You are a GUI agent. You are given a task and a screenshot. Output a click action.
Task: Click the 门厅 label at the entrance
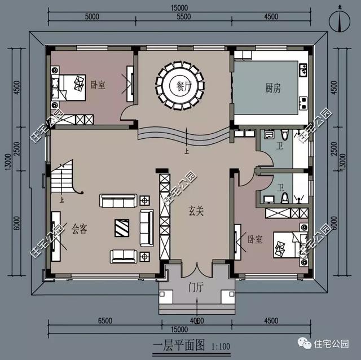pos(196,287)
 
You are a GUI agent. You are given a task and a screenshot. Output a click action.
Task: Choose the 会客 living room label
pos(81,229)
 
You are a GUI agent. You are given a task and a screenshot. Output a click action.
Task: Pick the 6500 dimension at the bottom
pos(105,321)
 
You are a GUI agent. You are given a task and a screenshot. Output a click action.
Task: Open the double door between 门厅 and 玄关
pos(196,270)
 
